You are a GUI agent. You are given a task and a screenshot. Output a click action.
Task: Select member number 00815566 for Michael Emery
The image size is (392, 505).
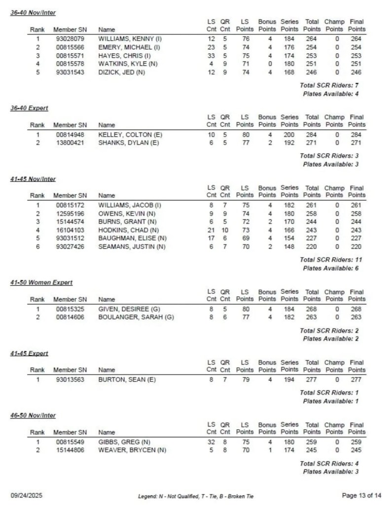(70, 47)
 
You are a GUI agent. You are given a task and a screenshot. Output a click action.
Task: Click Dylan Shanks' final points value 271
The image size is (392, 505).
(356, 143)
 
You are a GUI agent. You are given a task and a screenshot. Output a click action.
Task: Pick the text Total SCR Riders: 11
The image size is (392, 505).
(329, 259)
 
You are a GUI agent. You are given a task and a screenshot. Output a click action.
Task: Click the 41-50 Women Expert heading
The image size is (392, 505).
(41, 283)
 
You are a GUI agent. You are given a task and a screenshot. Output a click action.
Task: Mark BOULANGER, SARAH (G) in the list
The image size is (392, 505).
(136, 317)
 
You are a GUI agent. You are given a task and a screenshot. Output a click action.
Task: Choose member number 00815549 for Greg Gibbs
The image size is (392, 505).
(70, 442)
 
